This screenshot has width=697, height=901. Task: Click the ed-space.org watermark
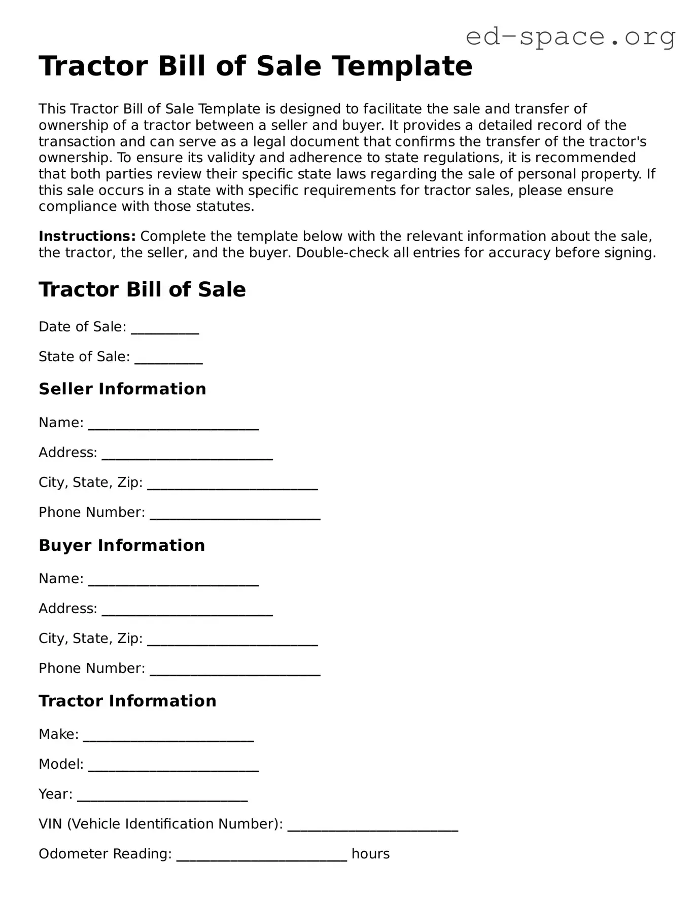point(570,36)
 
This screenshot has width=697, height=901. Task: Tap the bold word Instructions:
point(87,237)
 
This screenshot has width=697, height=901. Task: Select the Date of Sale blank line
point(165,328)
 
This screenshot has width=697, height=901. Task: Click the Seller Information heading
point(122,389)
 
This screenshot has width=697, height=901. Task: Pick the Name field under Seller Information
point(173,424)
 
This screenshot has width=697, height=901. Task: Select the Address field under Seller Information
point(187,454)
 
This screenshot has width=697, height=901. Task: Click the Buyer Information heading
point(122,545)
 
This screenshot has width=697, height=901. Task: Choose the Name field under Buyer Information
point(173,580)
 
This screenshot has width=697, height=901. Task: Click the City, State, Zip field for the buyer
point(232,640)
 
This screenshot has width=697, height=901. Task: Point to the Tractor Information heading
point(127,701)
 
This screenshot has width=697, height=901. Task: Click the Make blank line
point(168,735)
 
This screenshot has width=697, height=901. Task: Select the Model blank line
point(173,765)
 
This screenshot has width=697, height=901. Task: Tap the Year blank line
point(162,795)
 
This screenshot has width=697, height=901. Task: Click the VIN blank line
point(373,825)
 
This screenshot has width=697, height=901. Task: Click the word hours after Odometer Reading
point(370,854)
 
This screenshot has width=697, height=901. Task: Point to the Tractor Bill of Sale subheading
point(142,290)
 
